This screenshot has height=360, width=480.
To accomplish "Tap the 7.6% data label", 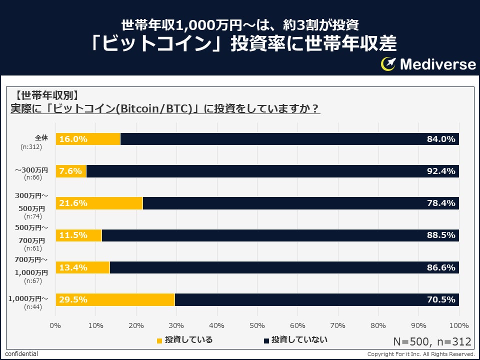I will [70, 171].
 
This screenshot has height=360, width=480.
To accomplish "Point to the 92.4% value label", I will [441, 171].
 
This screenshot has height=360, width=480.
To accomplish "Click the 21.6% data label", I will [73, 203].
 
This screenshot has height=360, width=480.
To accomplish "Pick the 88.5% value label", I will [441, 235].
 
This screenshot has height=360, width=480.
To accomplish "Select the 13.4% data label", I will [73, 267].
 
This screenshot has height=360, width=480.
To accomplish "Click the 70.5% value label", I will [441, 299].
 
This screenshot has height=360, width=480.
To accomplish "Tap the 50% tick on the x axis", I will [257, 325].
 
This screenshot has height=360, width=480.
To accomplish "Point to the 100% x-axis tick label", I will [459, 325].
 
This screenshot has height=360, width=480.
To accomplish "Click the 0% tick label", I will [55, 325].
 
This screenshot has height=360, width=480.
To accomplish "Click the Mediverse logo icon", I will [388, 64].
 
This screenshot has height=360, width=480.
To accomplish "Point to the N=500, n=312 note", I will [432, 341].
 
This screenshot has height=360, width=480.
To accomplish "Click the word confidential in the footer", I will [21, 354].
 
